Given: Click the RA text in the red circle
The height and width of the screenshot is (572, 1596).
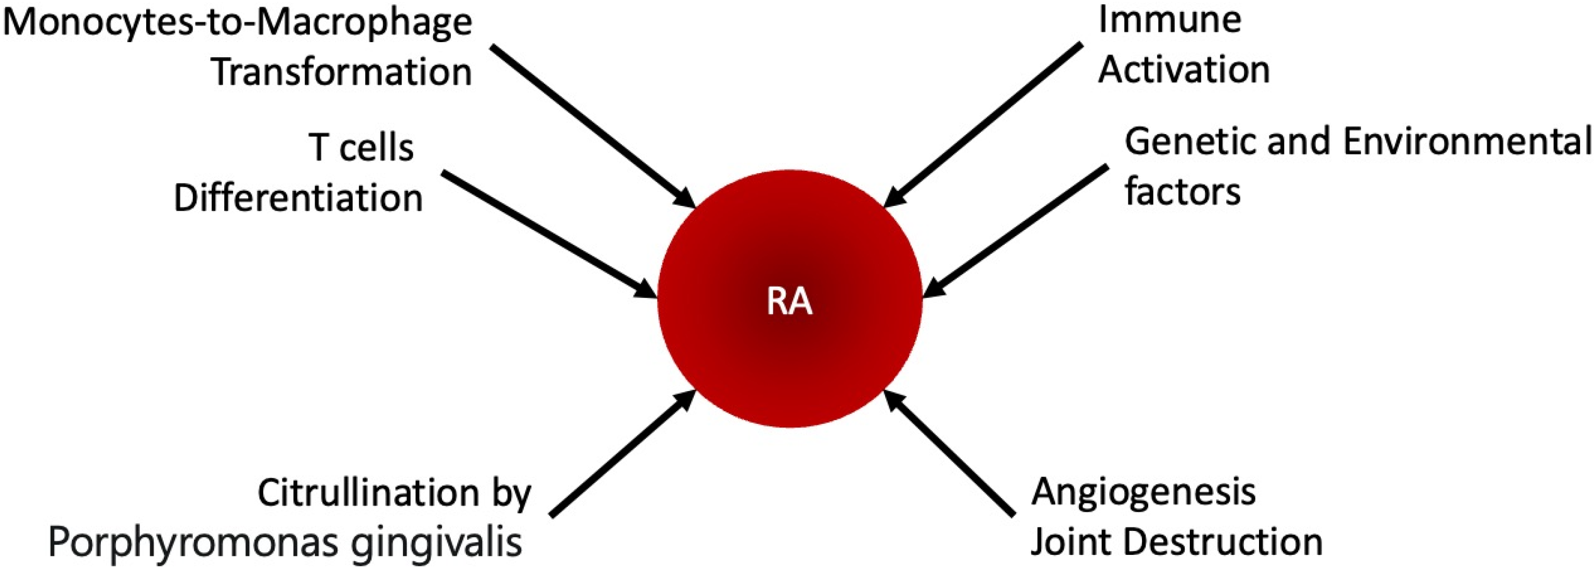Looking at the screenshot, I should pos(789,303).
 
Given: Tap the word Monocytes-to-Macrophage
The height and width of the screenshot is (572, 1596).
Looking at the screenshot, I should pos(237,23).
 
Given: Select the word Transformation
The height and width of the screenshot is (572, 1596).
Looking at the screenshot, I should pos(342,72).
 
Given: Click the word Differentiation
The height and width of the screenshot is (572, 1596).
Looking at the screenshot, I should pos(298,198).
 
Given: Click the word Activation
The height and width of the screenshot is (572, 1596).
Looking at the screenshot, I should pos(1184,69).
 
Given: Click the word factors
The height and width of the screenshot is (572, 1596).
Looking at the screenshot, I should pos(1182,191).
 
